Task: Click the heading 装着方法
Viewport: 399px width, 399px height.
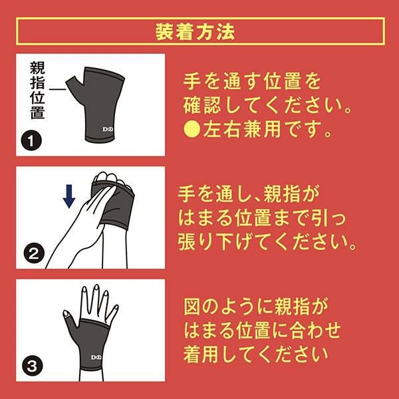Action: pyautogui.click(x=195, y=31)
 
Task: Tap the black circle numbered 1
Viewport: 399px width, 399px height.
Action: pyautogui.click(x=31, y=141)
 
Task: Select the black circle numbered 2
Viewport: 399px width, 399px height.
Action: pyautogui.click(x=34, y=253)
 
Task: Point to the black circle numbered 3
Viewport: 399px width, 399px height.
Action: pyautogui.click(x=33, y=366)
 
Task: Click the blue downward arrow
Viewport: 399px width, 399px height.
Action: pyautogui.click(x=69, y=196)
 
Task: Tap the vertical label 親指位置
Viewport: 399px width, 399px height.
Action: pyautogui.click(x=37, y=90)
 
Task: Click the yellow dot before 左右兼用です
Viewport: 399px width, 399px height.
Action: pyautogui.click(x=192, y=129)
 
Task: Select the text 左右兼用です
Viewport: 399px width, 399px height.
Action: pyautogui.click(x=266, y=130)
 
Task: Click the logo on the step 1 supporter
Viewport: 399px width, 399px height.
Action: pyautogui.click(x=108, y=129)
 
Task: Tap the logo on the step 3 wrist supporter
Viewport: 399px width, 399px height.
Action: pyautogui.click(x=96, y=358)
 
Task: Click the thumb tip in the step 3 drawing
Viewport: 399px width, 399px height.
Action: pyautogui.click(x=66, y=314)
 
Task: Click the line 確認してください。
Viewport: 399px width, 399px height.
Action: pyautogui.click(x=267, y=106)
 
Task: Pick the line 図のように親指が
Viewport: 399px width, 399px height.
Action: pyautogui.click(x=256, y=306)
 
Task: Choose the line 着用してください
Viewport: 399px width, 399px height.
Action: pyautogui.click(x=255, y=354)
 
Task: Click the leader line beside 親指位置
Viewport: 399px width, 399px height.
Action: pyautogui.click(x=57, y=89)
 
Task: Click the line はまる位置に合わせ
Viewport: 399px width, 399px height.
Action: pyautogui.click(x=262, y=331)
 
